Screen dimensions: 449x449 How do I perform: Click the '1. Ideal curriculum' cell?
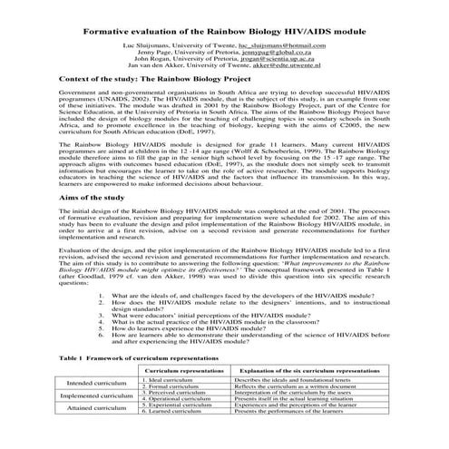click(173, 380)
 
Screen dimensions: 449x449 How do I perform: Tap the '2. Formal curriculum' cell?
click(175, 387)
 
